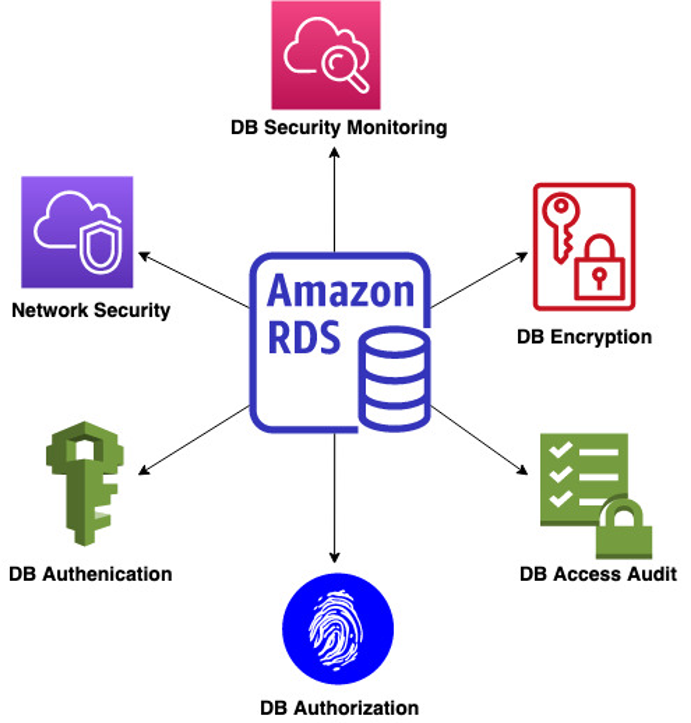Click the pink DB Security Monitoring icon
click(x=326, y=55)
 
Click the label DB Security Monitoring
click(x=339, y=128)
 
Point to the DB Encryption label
click(x=584, y=337)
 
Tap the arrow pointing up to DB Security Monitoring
click(x=335, y=199)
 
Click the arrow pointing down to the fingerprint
click(x=335, y=497)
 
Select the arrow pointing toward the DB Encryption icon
click(x=479, y=280)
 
